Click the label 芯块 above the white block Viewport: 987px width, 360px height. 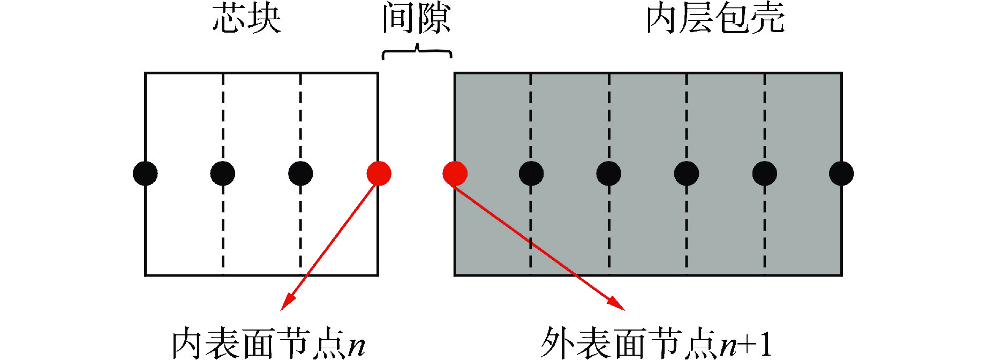point(247,19)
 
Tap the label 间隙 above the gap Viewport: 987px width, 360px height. point(417,19)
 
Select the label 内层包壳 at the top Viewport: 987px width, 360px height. point(715,19)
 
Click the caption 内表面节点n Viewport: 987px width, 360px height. point(268,343)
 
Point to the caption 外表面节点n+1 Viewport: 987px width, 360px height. point(656,343)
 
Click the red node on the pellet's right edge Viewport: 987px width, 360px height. point(379,173)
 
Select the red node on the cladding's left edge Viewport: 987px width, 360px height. point(455,173)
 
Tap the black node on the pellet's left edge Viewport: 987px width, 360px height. point(145,173)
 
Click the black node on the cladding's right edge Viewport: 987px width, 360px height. point(841,173)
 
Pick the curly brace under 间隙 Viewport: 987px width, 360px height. point(417,52)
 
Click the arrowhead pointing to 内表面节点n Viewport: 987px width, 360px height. point(287,303)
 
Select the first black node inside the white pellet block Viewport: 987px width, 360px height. point(223,173)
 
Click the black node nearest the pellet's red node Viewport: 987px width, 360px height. point(300,173)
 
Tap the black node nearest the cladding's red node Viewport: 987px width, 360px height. point(531,173)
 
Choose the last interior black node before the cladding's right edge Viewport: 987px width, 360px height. point(764,173)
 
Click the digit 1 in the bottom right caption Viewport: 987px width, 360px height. point(765,344)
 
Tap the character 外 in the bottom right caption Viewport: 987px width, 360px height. point(557,343)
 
